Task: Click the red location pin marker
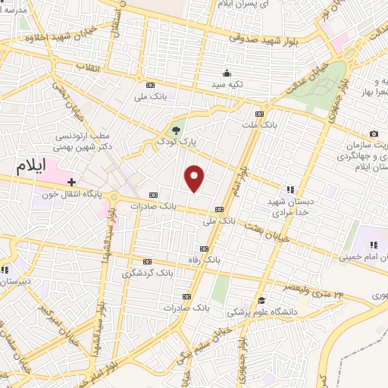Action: (x=195, y=177)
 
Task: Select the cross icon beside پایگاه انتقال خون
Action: (x=71, y=182)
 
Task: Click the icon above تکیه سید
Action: (x=226, y=74)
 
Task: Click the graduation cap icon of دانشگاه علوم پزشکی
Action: (x=261, y=300)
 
